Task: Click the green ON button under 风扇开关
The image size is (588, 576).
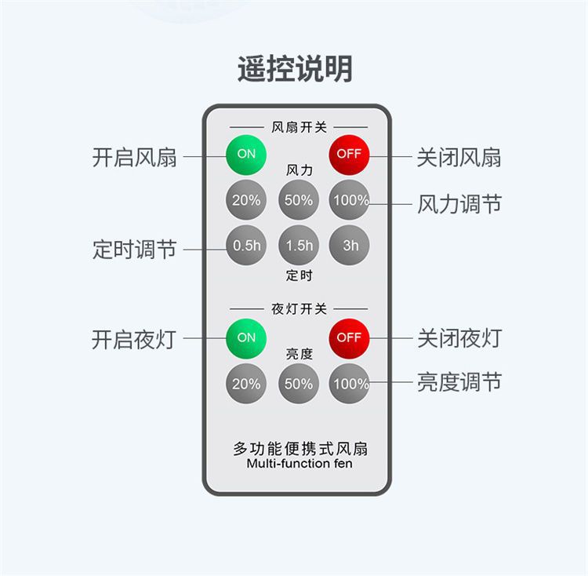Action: tap(246, 154)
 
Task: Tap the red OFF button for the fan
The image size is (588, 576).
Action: tap(349, 154)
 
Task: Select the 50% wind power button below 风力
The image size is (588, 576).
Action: tap(298, 200)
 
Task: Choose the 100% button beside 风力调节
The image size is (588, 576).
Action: tap(349, 200)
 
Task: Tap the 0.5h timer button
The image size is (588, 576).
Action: tap(246, 246)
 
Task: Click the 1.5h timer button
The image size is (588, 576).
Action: tap(298, 246)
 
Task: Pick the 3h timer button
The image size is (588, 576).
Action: tap(349, 246)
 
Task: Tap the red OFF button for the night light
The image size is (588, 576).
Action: tap(349, 337)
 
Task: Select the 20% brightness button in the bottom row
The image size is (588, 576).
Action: tap(246, 384)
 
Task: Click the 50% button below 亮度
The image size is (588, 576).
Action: tap(298, 384)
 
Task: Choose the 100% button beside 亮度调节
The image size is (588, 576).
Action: tap(349, 384)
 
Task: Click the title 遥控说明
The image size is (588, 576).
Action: tap(294, 69)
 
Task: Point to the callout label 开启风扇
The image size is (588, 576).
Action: tap(135, 157)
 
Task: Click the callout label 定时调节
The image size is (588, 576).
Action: tap(135, 250)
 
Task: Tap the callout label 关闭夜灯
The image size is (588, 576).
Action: tap(459, 339)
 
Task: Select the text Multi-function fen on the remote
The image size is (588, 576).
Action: tap(299, 464)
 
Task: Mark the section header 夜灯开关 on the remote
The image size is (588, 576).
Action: tap(299, 308)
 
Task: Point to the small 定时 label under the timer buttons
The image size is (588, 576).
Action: tap(299, 276)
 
